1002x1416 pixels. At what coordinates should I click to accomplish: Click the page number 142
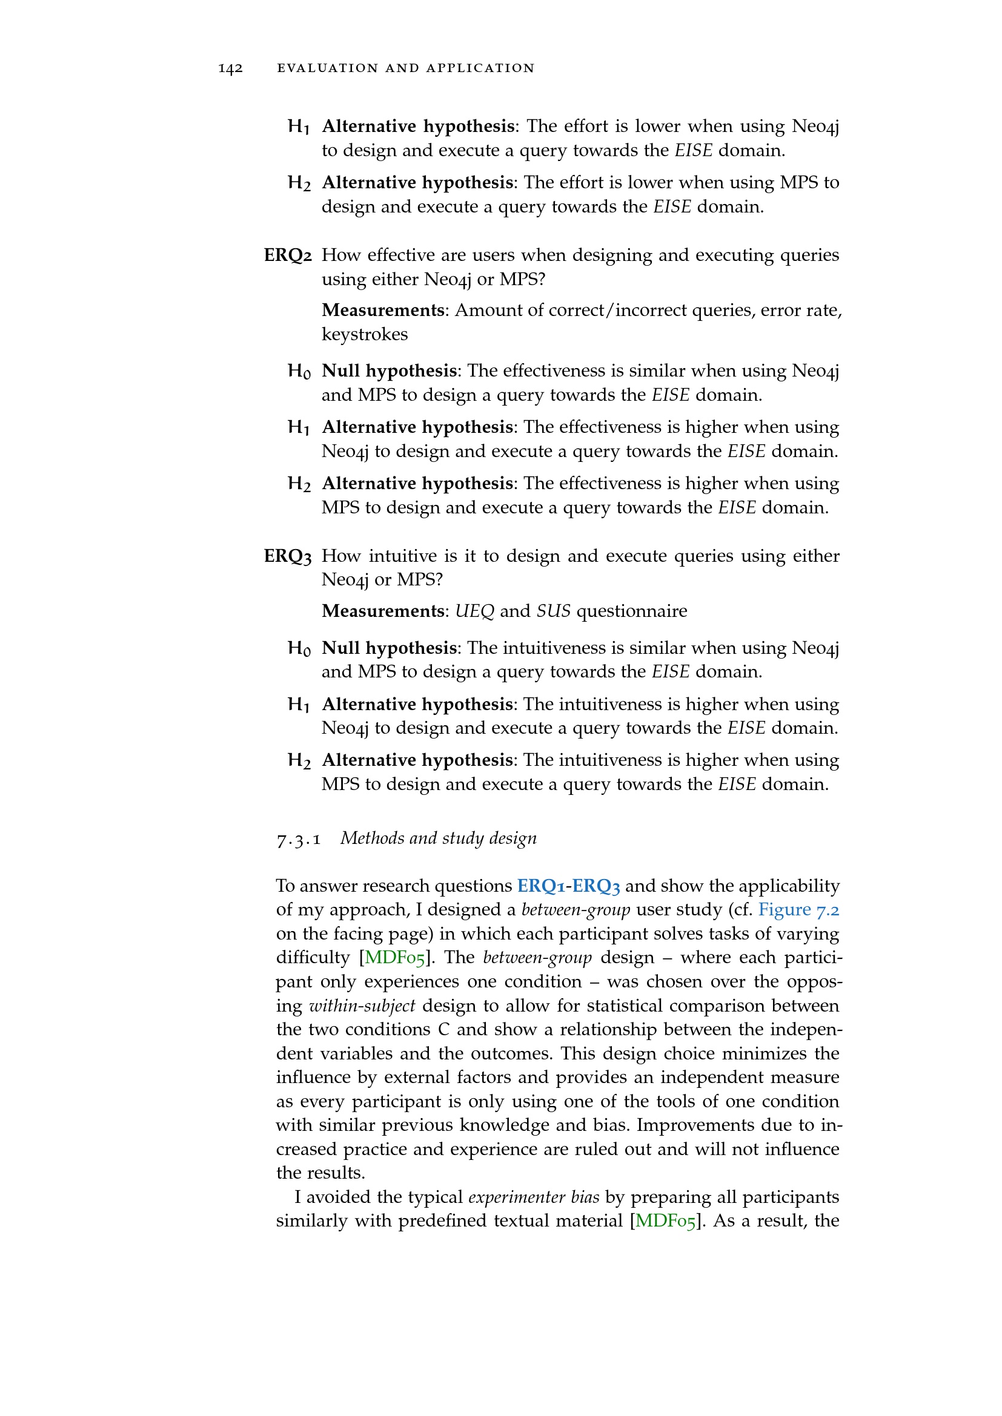[230, 68]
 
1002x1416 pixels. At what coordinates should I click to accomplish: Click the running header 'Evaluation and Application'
[405, 68]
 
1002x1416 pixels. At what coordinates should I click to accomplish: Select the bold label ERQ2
[288, 255]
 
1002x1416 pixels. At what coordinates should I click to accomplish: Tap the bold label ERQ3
[288, 556]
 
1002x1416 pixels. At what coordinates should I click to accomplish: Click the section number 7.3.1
[299, 838]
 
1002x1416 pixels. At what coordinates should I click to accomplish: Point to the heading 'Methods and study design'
[438, 838]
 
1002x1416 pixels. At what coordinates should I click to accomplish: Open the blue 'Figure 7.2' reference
[798, 910]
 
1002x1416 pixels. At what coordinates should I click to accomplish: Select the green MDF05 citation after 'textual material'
[665, 1220]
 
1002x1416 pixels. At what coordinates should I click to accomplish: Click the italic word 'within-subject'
[362, 1006]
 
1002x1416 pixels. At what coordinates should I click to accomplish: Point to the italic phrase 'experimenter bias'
[534, 1197]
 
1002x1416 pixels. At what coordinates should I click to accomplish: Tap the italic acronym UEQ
[474, 611]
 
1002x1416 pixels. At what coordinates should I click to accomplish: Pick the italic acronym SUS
[553, 611]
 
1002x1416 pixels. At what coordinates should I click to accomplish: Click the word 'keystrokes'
[365, 334]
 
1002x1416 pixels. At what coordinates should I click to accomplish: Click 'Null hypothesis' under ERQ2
[389, 370]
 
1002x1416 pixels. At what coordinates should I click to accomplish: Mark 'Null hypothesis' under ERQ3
[389, 648]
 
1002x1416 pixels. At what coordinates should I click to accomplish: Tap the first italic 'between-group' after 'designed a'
[576, 910]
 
